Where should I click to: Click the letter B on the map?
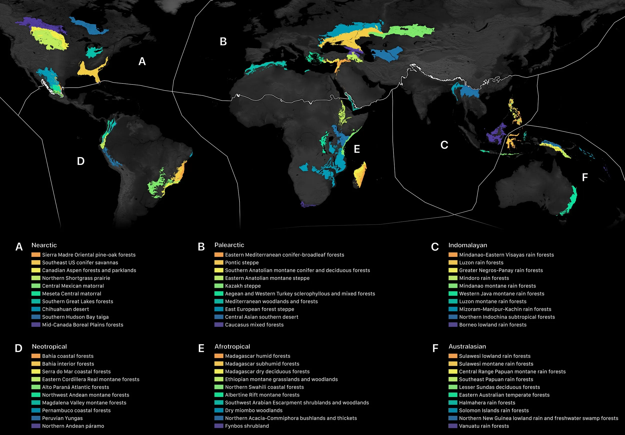click(223, 42)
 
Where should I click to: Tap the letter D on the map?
click(80, 161)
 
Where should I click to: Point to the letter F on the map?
click(585, 177)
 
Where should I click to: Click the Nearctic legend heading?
click(44, 245)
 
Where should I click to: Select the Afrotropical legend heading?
click(232, 346)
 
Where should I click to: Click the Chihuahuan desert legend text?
click(65, 309)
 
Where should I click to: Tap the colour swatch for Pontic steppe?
click(218, 263)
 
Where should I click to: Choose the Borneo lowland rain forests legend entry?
click(492, 325)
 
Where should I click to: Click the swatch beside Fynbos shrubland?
click(218, 426)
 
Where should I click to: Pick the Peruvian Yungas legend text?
click(62, 418)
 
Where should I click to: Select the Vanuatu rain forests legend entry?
click(484, 426)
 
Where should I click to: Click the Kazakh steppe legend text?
click(242, 286)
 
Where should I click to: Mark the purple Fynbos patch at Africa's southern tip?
click(307, 204)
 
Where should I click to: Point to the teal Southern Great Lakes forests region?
click(93, 52)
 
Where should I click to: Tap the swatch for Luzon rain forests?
click(453, 263)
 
